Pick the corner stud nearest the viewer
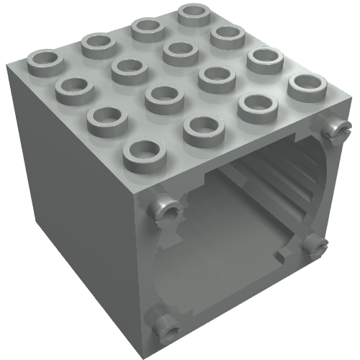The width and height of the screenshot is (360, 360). (x=143, y=153)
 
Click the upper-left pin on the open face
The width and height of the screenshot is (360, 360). (x=163, y=209)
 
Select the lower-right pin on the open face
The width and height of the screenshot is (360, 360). (x=314, y=246)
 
